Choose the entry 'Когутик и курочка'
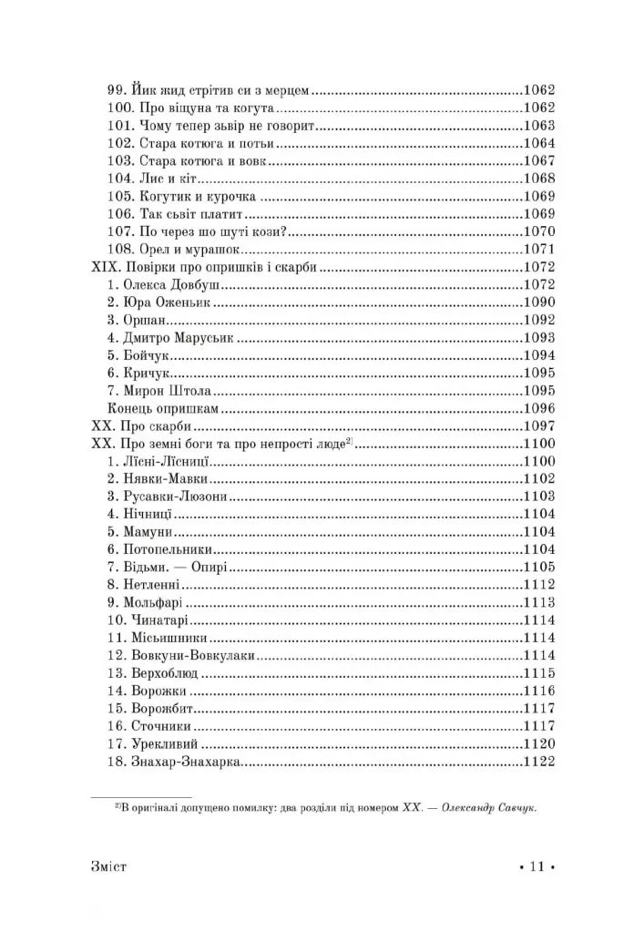click(x=182, y=197)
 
